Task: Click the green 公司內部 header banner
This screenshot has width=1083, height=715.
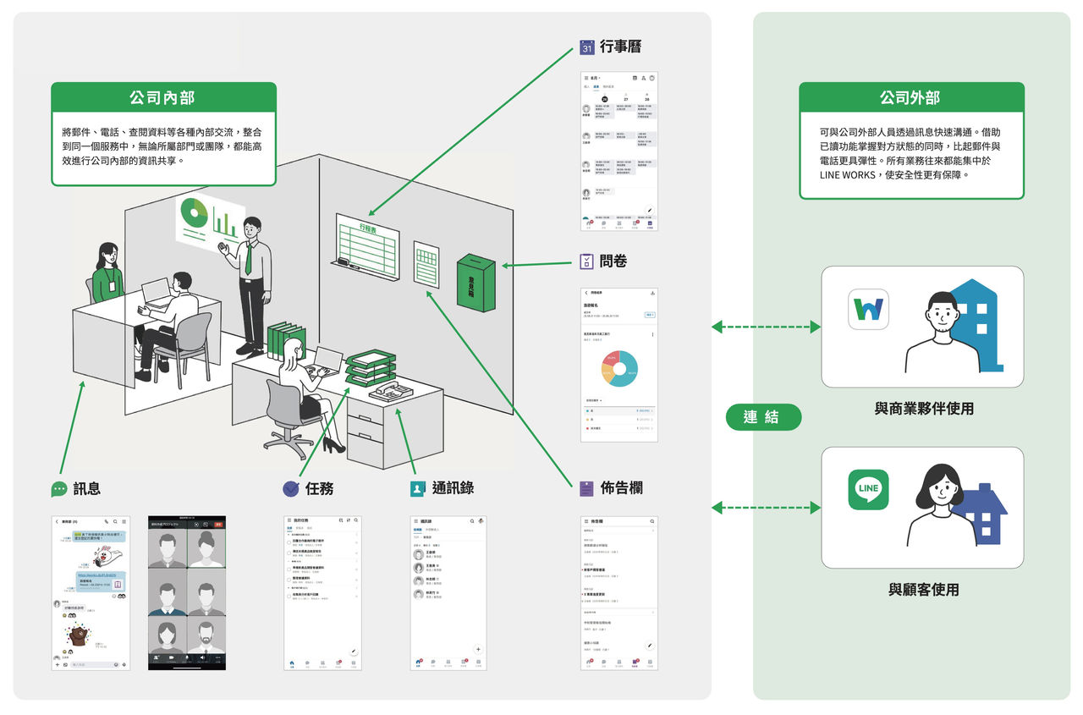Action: click(162, 97)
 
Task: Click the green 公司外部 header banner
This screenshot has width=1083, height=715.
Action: click(910, 97)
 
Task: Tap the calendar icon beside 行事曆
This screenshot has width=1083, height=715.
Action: click(587, 48)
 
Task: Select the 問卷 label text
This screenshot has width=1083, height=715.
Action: click(613, 261)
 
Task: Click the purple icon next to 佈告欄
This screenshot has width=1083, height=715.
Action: click(587, 488)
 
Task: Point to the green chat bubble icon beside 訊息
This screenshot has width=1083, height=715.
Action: click(59, 489)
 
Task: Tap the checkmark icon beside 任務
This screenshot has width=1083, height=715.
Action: click(291, 488)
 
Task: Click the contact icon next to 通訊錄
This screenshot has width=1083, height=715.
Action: click(417, 488)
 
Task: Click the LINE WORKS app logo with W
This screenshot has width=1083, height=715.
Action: click(868, 309)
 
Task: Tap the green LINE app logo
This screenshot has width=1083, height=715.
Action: click(868, 490)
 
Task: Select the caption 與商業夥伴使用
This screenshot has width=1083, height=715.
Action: click(924, 409)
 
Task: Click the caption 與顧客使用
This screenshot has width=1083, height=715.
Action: click(924, 590)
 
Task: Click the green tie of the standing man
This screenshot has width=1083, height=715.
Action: click(248, 257)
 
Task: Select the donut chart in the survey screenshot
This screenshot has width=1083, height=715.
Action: click(619, 369)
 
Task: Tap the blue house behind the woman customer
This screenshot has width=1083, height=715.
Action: click(981, 513)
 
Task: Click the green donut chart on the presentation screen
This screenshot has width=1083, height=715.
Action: click(194, 212)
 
